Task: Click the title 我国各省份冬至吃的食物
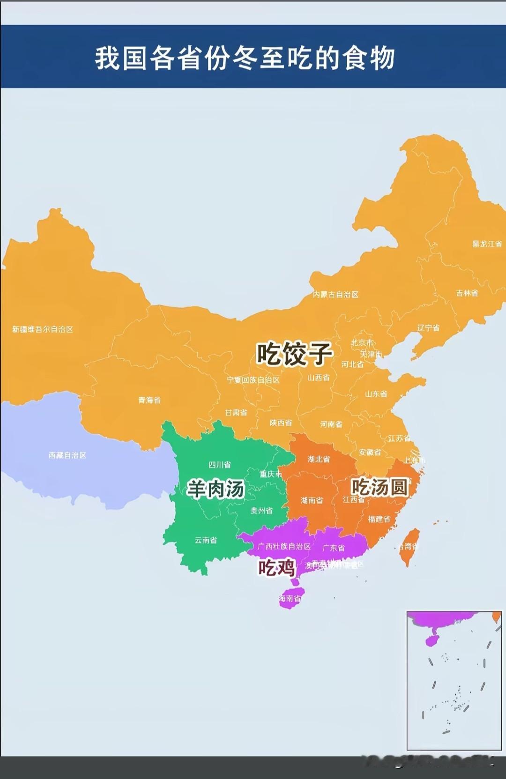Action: (245, 58)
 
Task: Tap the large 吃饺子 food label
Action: (294, 354)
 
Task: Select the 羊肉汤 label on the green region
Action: (216, 489)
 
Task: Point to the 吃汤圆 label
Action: (379, 487)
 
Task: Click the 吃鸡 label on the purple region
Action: (276, 568)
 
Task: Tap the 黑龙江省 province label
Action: (487, 244)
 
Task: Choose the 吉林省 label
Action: (467, 293)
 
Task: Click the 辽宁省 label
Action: (428, 328)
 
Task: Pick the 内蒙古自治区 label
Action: (335, 295)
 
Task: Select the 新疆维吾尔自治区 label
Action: (43, 330)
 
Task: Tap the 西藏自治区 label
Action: (67, 455)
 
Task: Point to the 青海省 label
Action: (149, 400)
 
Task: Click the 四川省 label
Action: (220, 465)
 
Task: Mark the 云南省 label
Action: (206, 540)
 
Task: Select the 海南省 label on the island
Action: (290, 599)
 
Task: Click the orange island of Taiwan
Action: (409, 547)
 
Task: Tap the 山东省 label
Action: (376, 394)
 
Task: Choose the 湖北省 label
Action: (319, 459)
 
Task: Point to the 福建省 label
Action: (379, 519)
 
